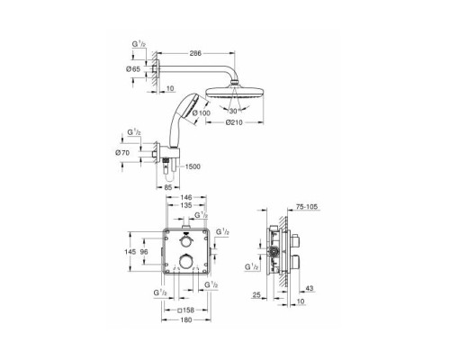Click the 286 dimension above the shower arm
tap(197, 54)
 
